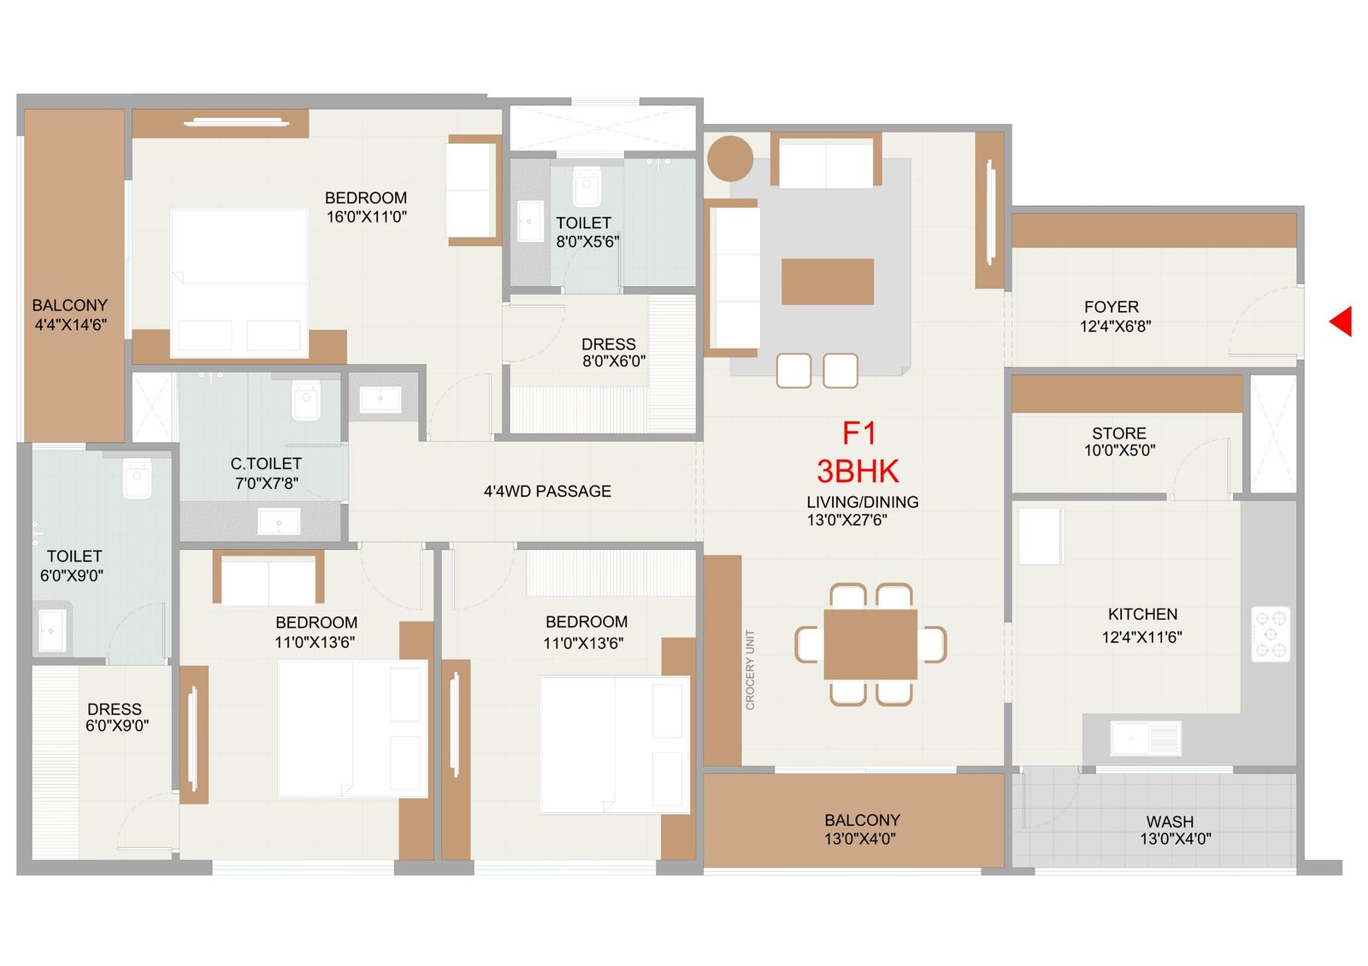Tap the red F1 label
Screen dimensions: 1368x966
859,433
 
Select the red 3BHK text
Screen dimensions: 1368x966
858,471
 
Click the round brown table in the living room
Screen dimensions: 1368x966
730,159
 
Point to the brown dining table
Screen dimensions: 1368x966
870,645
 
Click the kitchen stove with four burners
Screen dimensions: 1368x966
1271,634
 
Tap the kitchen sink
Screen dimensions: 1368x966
1146,739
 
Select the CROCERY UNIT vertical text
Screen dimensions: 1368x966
751,670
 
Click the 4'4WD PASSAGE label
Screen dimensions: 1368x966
547,492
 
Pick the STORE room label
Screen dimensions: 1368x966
1119,433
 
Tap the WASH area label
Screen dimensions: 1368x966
1170,822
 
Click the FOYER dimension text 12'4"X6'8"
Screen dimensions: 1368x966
1115,327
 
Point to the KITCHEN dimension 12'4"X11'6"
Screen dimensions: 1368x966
1142,638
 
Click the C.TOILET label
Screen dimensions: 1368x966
266,464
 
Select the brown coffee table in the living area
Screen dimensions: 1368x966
828,281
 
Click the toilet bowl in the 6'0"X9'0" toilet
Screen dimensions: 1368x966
137,479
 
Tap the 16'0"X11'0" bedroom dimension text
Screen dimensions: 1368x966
367,217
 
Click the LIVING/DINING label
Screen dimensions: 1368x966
863,502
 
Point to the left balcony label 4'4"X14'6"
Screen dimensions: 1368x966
71,325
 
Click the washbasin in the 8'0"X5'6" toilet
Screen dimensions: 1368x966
530,221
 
